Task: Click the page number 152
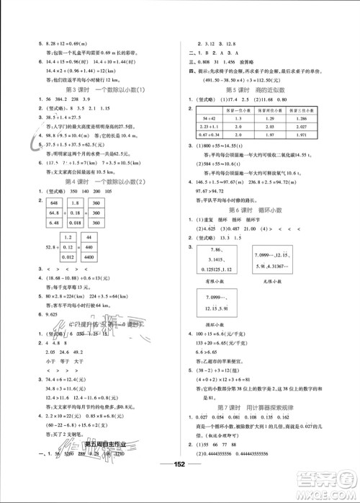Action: [x=180, y=484]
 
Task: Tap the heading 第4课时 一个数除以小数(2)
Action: [x=93, y=193]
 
